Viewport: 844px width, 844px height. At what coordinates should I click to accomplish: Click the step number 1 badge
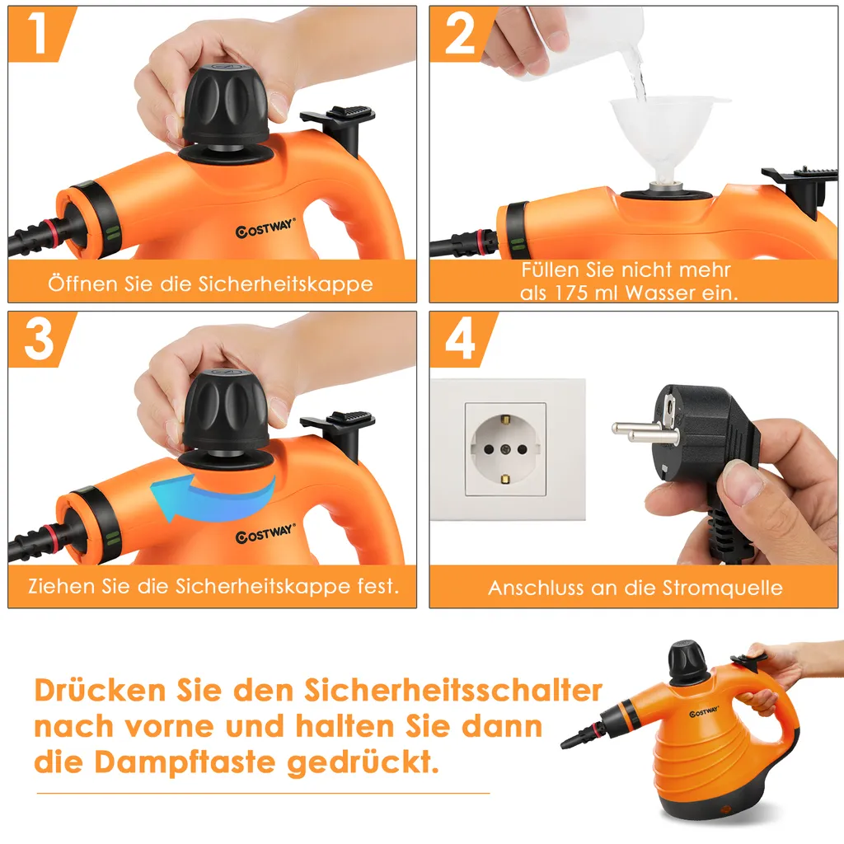tap(38, 35)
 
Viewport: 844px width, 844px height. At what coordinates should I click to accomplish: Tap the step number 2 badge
tap(461, 35)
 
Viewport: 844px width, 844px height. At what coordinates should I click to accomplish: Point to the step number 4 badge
tap(461, 339)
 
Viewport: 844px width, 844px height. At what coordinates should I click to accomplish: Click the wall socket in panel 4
tap(505, 449)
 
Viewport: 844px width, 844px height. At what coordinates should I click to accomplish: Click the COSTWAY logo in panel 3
tap(265, 536)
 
